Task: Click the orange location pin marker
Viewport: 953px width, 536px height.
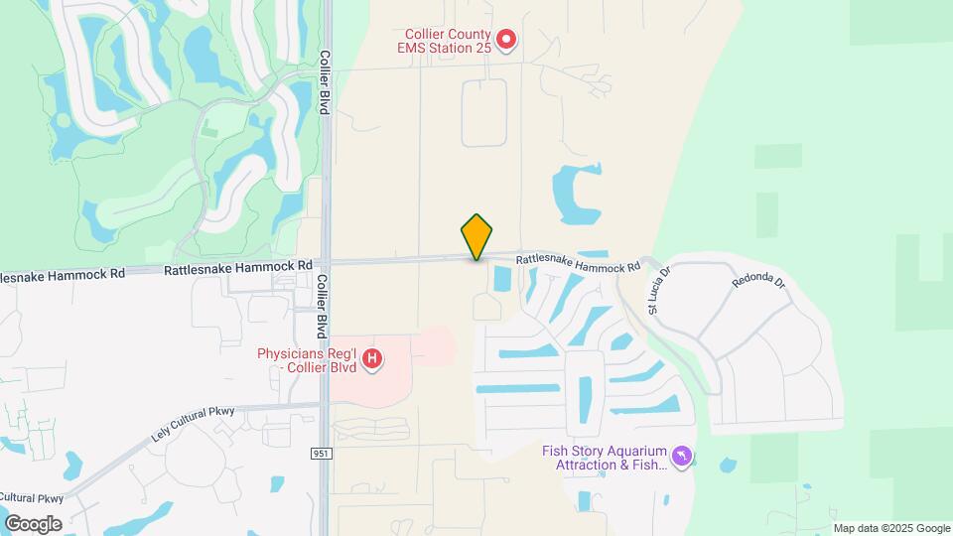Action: click(476, 236)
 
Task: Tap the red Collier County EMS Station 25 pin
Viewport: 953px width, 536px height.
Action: click(506, 40)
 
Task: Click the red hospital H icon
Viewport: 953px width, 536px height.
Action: click(372, 357)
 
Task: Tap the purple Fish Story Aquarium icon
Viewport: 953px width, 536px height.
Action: click(681, 457)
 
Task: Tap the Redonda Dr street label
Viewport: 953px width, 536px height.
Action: click(759, 281)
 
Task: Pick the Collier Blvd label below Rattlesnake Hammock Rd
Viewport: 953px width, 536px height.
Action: click(323, 303)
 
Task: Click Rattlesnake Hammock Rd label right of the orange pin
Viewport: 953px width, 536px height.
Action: click(578, 264)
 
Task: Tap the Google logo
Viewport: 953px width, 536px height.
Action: click(33, 523)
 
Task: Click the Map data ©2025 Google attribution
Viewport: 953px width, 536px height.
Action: click(891, 528)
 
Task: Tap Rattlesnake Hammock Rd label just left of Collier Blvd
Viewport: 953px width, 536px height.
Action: click(238, 267)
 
